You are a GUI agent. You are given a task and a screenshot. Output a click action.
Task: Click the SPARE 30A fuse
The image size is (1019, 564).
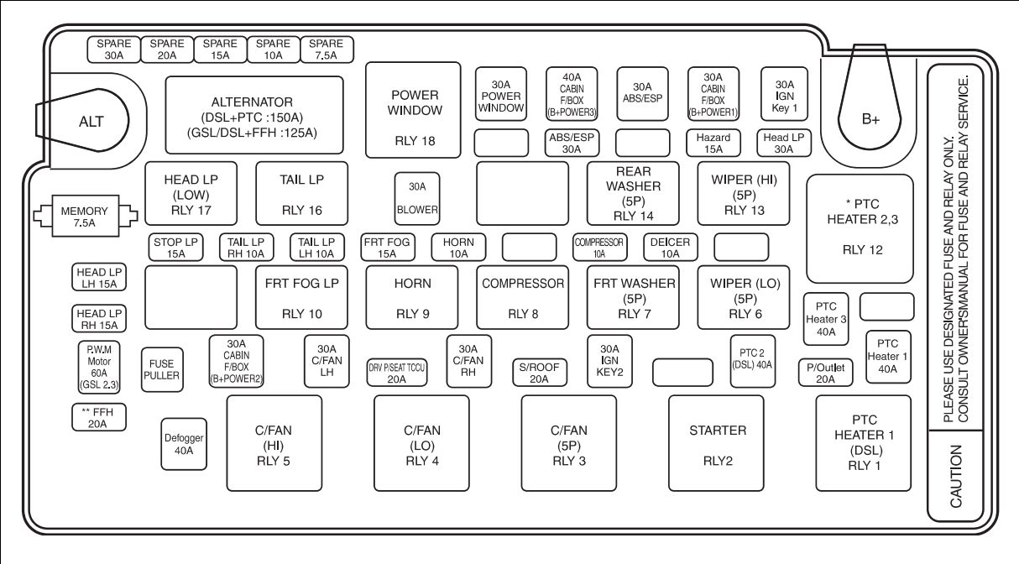(x=114, y=50)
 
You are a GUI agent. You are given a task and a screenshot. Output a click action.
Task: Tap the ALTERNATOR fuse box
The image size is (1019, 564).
(x=254, y=115)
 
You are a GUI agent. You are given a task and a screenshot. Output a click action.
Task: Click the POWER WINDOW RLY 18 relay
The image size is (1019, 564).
(x=414, y=109)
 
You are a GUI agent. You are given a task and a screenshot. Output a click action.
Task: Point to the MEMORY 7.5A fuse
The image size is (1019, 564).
(x=84, y=217)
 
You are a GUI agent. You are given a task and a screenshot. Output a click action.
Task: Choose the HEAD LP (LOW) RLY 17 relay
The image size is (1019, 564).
(x=191, y=194)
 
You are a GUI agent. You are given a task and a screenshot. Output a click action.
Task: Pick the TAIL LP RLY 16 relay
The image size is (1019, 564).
(x=301, y=194)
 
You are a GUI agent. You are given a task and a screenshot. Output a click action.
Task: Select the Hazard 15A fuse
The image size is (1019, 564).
(x=713, y=143)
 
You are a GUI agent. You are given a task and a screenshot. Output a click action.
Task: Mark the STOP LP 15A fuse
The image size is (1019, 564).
(x=175, y=248)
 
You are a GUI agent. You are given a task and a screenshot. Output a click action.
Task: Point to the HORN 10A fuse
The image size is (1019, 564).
(x=458, y=248)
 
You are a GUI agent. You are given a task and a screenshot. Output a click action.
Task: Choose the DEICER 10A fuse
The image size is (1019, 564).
(x=671, y=248)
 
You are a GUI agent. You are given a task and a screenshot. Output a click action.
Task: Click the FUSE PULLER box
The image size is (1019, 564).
(x=161, y=370)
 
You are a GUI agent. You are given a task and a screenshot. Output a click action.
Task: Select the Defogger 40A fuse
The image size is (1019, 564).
(x=184, y=443)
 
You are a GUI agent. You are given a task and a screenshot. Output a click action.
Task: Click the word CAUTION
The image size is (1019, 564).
(x=956, y=476)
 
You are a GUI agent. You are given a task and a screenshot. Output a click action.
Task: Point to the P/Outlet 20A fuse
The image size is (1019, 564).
(x=825, y=373)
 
